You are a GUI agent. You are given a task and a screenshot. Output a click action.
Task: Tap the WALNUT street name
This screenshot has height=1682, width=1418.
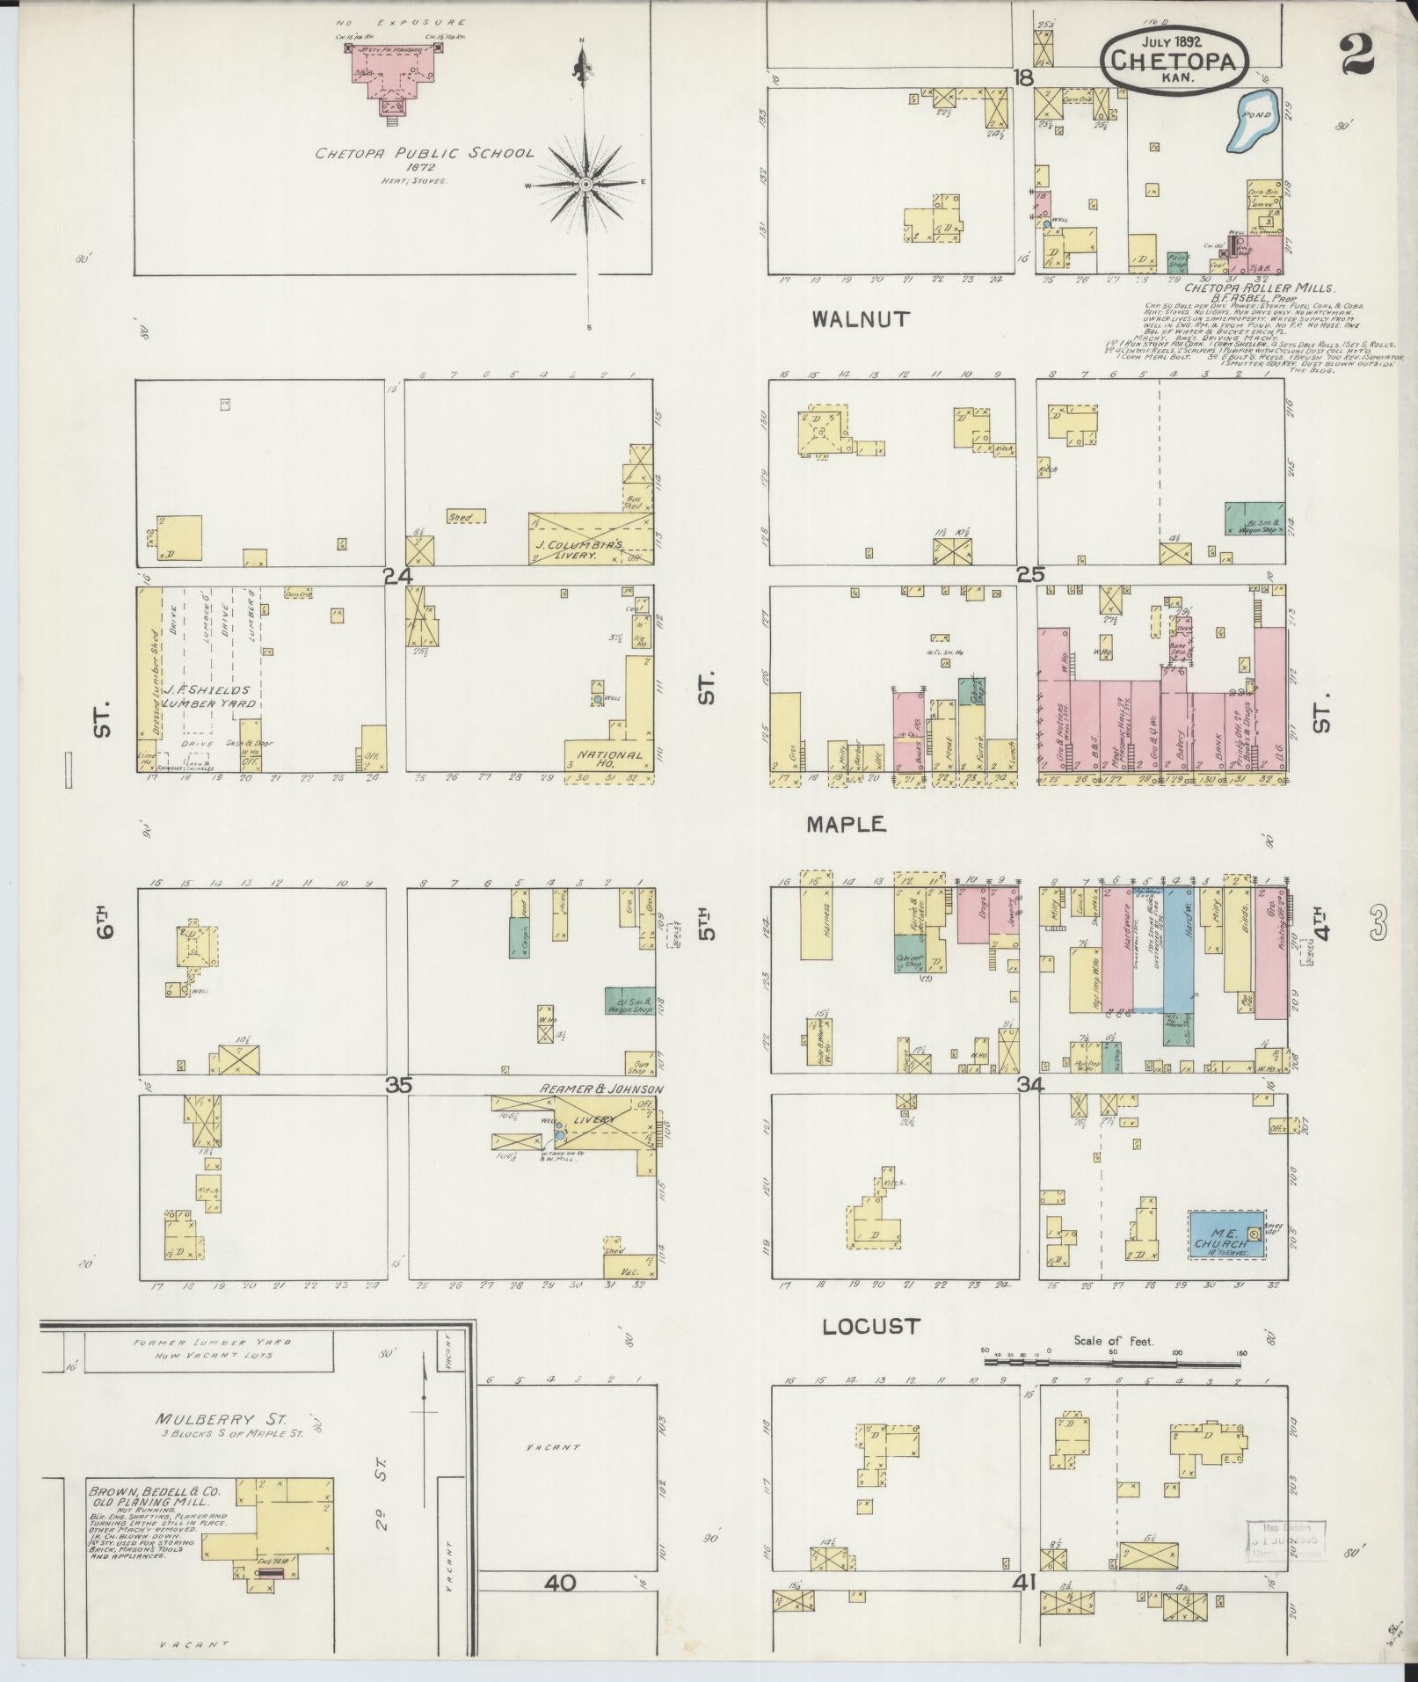[861, 320]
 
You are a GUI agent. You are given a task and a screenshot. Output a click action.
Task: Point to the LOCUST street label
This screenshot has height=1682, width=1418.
[870, 1351]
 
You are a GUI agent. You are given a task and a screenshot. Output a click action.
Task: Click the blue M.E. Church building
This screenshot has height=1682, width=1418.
[1225, 1234]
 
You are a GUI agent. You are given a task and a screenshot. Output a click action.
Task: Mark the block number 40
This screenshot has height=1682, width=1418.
[559, 1584]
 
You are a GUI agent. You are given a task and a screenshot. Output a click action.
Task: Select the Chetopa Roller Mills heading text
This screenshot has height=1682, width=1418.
[1260, 288]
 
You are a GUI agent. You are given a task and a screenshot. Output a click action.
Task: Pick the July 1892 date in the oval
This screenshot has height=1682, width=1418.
[1173, 41]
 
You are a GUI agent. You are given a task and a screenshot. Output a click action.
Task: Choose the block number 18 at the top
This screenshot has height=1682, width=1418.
[1022, 77]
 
